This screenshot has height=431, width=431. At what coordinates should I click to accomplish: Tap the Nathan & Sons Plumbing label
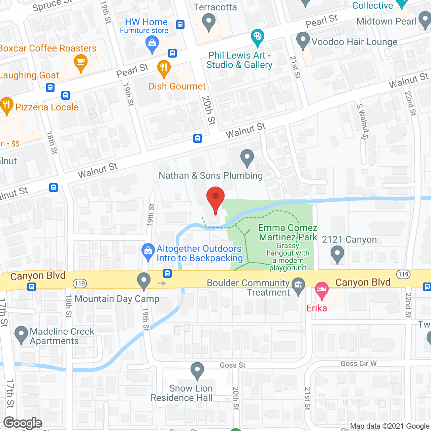coord(210,175)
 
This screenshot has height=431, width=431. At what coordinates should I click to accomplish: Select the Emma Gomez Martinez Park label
coord(288,233)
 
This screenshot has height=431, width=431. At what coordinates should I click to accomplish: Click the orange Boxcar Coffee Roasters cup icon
coord(80,62)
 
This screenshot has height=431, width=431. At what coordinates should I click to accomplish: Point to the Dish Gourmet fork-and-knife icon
coord(164,68)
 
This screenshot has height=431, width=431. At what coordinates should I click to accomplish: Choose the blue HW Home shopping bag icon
coord(152,44)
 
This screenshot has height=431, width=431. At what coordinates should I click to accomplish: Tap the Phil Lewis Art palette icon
coord(258,37)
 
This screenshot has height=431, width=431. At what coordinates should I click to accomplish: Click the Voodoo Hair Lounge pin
coord(303,40)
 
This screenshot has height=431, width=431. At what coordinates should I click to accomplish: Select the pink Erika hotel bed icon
coord(322,290)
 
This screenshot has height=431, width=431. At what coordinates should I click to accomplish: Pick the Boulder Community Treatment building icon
coord(298,286)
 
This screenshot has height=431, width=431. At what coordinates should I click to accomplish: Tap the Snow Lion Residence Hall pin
coord(197,370)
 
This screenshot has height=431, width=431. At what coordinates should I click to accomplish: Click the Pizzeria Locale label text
coord(47,107)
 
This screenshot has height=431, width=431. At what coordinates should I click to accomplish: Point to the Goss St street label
coord(232,365)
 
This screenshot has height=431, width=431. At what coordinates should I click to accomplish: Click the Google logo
coord(23,423)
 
